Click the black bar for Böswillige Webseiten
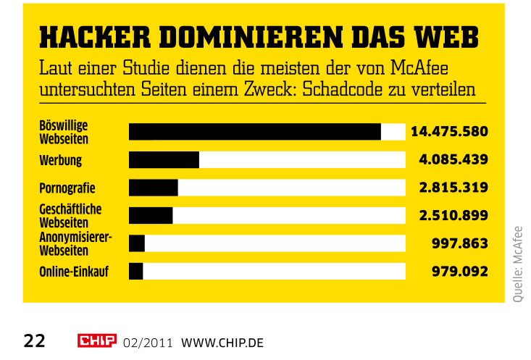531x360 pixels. tap(254, 132)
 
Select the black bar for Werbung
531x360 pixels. tap(164, 159)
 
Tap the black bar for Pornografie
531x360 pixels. tap(154, 188)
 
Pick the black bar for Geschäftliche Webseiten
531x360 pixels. tap(151, 215)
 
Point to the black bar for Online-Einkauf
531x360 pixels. tap(136, 271)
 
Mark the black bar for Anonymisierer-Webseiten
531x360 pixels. tap(137, 243)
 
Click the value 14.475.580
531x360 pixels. tap(449, 132)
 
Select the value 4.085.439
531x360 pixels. tap(453, 159)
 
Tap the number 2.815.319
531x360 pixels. tap(453, 188)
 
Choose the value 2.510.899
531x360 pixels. tap(453, 215)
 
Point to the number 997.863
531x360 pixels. tap(460, 243)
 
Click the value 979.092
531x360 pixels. tap(460, 271)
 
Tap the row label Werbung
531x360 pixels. tap(60, 160)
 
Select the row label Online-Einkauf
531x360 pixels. tap(74, 272)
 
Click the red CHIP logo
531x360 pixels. tap(96, 340)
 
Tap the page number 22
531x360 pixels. tap(35, 340)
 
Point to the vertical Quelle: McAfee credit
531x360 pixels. tap(517, 264)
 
